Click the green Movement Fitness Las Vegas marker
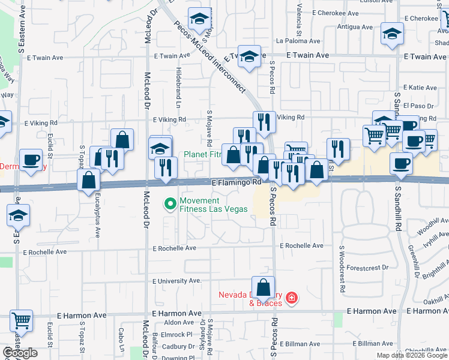pyautogui.click(x=170, y=205)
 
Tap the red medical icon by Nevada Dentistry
pyautogui.click(x=292, y=298)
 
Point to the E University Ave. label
pyautogui.click(x=177, y=281)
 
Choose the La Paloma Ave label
pyautogui.click(x=298, y=41)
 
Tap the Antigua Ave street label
pyautogui.click(x=355, y=27)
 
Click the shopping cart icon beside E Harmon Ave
pyautogui.click(x=21, y=321)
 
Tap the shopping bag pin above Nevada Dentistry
pyautogui.click(x=263, y=287)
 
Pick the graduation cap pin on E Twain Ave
pyautogui.click(x=250, y=56)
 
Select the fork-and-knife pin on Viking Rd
pyautogui.click(x=264, y=122)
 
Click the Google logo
pyautogui.click(x=20, y=353)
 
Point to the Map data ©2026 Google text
pyautogui.click(x=412, y=355)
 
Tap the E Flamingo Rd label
pyautogui.click(x=236, y=182)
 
